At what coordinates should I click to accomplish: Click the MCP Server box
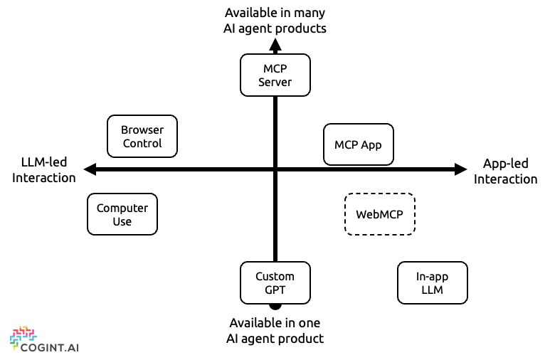tap(275, 75)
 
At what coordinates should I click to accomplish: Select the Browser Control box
tap(142, 136)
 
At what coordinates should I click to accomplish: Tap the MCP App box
tap(359, 144)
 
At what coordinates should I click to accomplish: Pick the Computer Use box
tap(122, 214)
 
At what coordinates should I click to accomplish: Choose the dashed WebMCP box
tap(380, 214)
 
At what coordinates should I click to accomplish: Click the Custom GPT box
tap(275, 283)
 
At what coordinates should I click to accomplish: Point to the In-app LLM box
tap(433, 283)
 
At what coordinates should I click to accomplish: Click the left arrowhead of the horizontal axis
tap(90, 169)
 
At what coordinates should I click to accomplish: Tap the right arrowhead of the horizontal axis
tap(461, 169)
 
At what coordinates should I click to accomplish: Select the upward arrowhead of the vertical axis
tap(275, 45)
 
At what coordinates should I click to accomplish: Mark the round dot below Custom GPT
tap(275, 307)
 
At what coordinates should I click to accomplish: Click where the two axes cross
tap(275, 169)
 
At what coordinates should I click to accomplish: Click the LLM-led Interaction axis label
tap(44, 170)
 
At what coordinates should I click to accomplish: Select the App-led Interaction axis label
tap(505, 171)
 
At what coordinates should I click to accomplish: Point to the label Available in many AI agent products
tap(275, 21)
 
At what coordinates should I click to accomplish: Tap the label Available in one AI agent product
tap(275, 331)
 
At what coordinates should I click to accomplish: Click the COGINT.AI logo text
tap(50, 348)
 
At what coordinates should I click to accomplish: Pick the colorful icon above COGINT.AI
tap(23, 337)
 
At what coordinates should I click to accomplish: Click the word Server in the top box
tap(275, 82)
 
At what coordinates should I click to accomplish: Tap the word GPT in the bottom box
tap(275, 290)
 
